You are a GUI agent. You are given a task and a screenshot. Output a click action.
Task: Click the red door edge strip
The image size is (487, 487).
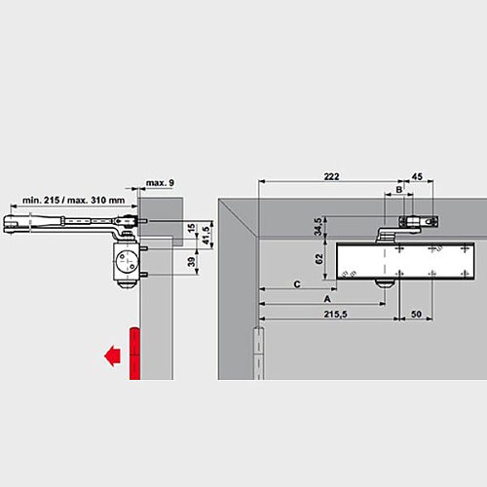[134, 353]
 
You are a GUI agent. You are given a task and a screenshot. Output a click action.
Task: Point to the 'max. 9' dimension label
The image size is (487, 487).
[160, 182]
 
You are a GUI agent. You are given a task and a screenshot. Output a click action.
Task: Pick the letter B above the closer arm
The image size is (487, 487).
[397, 189]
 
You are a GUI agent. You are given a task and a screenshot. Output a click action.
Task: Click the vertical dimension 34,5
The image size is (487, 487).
[319, 226]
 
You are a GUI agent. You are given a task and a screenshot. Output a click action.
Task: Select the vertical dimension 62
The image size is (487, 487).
[319, 260]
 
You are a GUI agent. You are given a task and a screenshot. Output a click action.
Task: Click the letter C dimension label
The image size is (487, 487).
[294, 283]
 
